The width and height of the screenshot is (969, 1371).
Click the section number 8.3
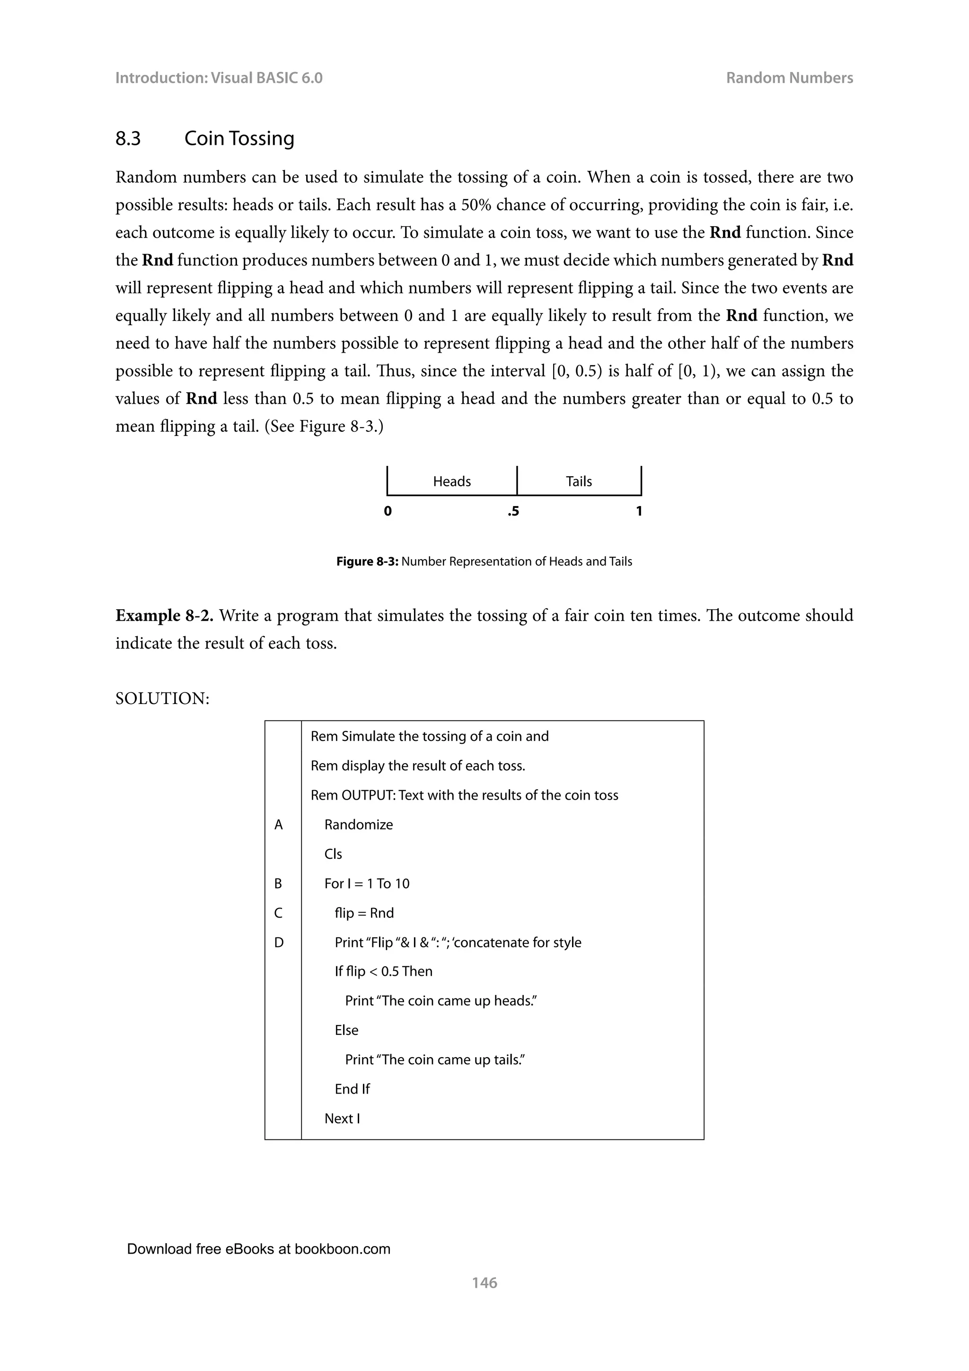[128, 139]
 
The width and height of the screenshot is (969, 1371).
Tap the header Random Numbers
[789, 78]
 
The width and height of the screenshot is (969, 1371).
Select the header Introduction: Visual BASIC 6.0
[219, 78]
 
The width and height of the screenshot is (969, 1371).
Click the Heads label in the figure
[452, 481]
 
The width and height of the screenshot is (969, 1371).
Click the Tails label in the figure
[578, 481]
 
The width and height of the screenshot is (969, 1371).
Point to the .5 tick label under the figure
[513, 511]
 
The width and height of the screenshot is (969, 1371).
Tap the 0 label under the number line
[388, 511]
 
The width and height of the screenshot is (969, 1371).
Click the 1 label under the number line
[639, 511]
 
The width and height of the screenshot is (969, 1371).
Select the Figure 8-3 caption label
[367, 561]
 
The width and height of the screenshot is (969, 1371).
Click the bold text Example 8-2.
[164, 615]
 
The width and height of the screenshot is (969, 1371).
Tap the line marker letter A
[278, 825]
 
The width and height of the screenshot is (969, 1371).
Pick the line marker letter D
[279, 942]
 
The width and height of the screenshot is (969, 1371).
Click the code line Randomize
[358, 825]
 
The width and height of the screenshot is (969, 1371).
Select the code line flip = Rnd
[364, 913]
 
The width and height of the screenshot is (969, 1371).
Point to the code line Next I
[342, 1118]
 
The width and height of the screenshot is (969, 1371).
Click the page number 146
[484, 1282]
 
